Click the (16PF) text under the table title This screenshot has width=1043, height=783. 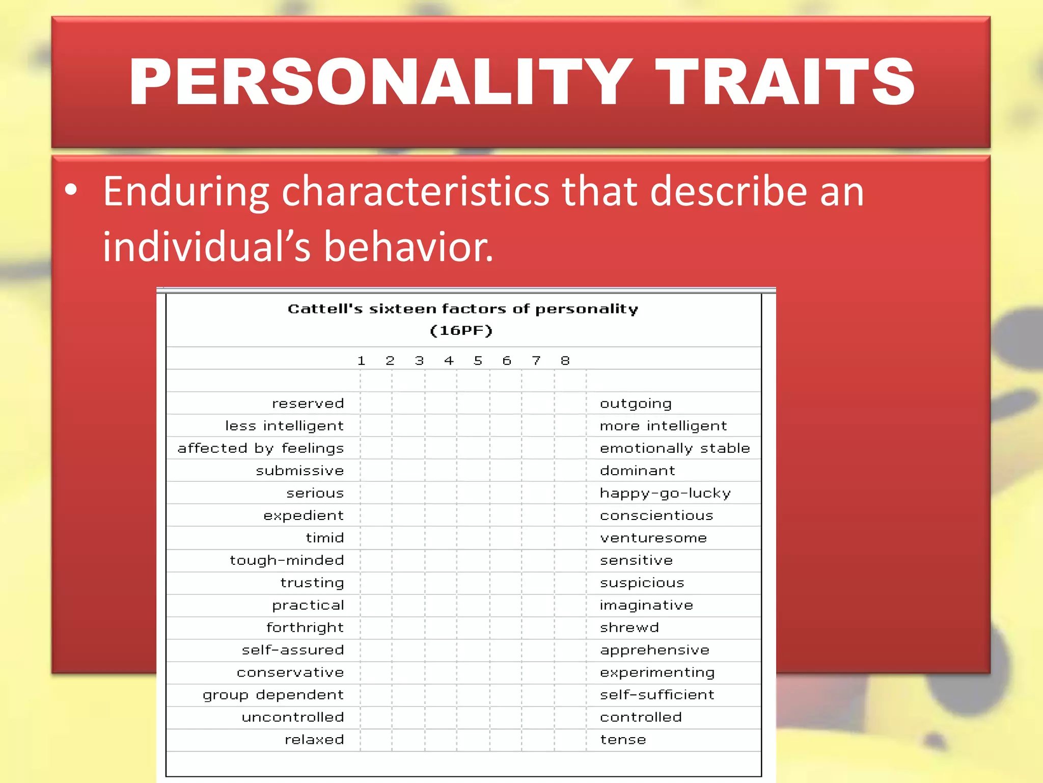(x=461, y=331)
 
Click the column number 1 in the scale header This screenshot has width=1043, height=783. (x=361, y=361)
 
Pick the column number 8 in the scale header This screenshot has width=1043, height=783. (x=565, y=361)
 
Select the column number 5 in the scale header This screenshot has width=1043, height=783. (x=478, y=361)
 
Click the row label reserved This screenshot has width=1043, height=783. (x=308, y=403)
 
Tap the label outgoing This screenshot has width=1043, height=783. (x=636, y=404)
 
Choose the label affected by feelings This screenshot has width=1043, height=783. (x=261, y=448)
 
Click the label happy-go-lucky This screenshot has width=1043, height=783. (x=665, y=493)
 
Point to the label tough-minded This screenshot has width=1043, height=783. (x=287, y=560)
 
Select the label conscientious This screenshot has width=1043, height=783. (x=656, y=515)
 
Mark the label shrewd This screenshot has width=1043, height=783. (x=629, y=628)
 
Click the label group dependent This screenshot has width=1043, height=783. (x=273, y=695)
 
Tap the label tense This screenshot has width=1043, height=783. (x=623, y=740)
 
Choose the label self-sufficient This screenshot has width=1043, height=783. (x=657, y=695)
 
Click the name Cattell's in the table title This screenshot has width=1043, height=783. (x=325, y=309)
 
